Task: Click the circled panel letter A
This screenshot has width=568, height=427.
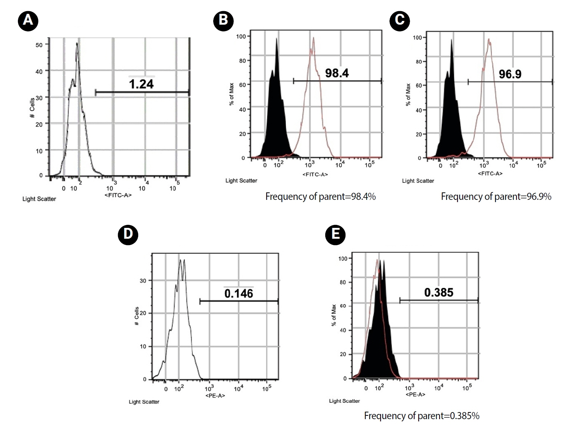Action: (x=28, y=20)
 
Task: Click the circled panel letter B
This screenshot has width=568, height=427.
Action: (x=223, y=20)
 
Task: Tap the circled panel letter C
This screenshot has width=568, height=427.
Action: (x=400, y=20)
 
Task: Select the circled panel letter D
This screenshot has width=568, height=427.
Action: (x=128, y=234)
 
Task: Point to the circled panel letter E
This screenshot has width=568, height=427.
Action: (x=335, y=234)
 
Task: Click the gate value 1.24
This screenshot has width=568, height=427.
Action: (x=141, y=84)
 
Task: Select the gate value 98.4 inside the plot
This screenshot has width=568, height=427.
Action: (x=337, y=73)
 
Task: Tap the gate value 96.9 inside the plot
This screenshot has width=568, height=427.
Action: (x=510, y=74)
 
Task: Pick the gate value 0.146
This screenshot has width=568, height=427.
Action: (x=239, y=294)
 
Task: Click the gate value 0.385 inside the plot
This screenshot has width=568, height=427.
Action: (x=438, y=293)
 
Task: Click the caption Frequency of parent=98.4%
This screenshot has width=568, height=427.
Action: (x=320, y=197)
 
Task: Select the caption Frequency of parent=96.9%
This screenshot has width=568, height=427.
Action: (x=496, y=197)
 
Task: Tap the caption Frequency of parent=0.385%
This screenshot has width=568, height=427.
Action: (x=422, y=415)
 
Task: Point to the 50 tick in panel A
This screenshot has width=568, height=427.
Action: (x=39, y=45)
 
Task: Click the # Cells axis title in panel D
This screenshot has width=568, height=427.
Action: (x=137, y=316)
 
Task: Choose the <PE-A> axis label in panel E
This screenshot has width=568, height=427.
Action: (x=415, y=394)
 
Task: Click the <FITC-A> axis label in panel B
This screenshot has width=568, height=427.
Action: (x=315, y=174)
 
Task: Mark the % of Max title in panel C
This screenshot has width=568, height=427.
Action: (x=408, y=95)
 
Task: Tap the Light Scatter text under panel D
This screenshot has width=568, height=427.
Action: (x=144, y=402)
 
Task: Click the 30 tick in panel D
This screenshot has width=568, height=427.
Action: (x=143, y=281)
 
